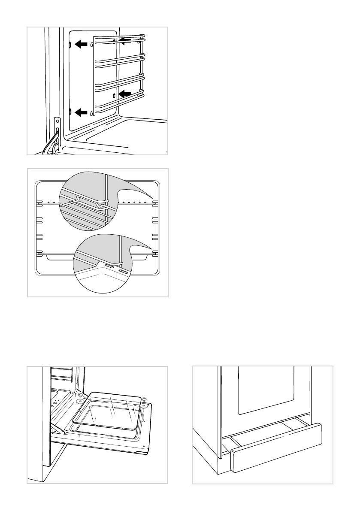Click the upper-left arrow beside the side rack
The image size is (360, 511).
coord(80,43)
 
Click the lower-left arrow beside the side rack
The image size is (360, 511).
coord(80,112)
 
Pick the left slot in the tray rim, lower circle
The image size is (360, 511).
coord(109,266)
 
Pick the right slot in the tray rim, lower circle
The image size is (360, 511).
coord(123,272)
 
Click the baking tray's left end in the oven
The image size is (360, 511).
coord(47,257)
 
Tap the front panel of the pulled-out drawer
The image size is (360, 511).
coord(277,446)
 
